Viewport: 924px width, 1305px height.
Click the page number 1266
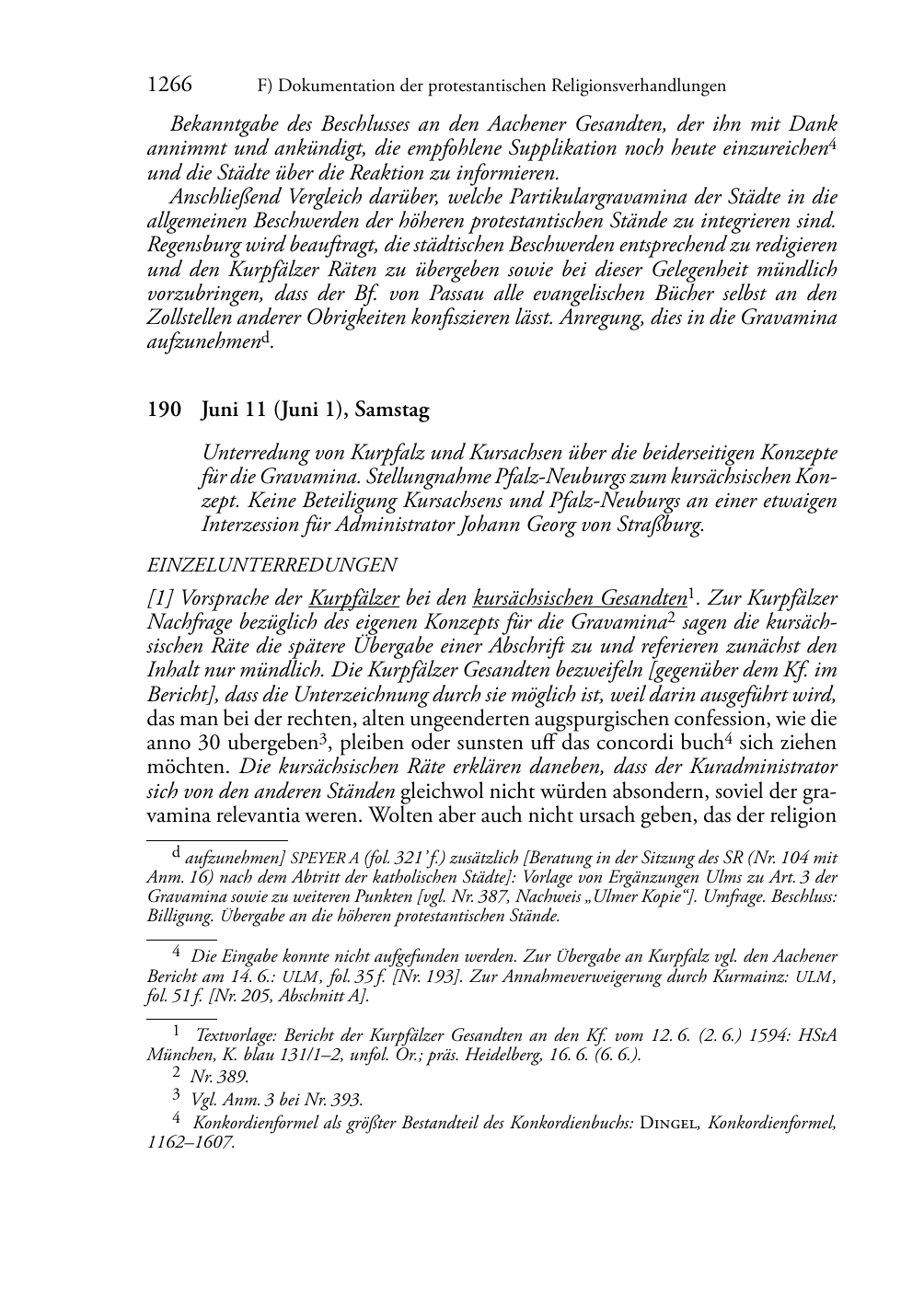click(x=169, y=86)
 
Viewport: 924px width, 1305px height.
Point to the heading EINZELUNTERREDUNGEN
click(x=271, y=565)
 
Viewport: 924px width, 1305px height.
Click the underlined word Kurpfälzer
click(x=354, y=598)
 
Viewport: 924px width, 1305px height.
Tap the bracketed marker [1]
click(x=159, y=598)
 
